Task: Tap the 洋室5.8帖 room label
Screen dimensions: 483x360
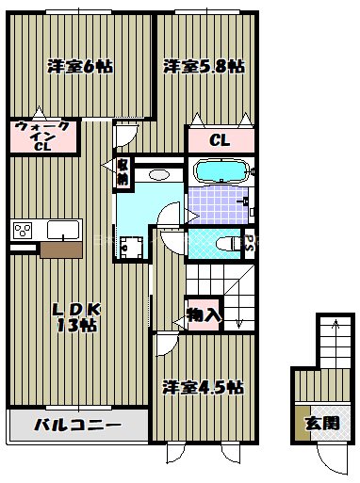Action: click(204, 66)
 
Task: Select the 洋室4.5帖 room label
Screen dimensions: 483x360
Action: click(202, 387)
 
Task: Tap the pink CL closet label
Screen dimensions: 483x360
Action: click(220, 141)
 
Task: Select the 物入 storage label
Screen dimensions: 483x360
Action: click(203, 315)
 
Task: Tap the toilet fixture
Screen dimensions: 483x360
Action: click(227, 243)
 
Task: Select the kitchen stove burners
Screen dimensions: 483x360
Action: click(23, 229)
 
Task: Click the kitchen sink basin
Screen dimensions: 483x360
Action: click(63, 229)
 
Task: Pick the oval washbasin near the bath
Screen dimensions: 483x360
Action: click(158, 174)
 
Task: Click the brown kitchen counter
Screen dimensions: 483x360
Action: click(62, 250)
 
